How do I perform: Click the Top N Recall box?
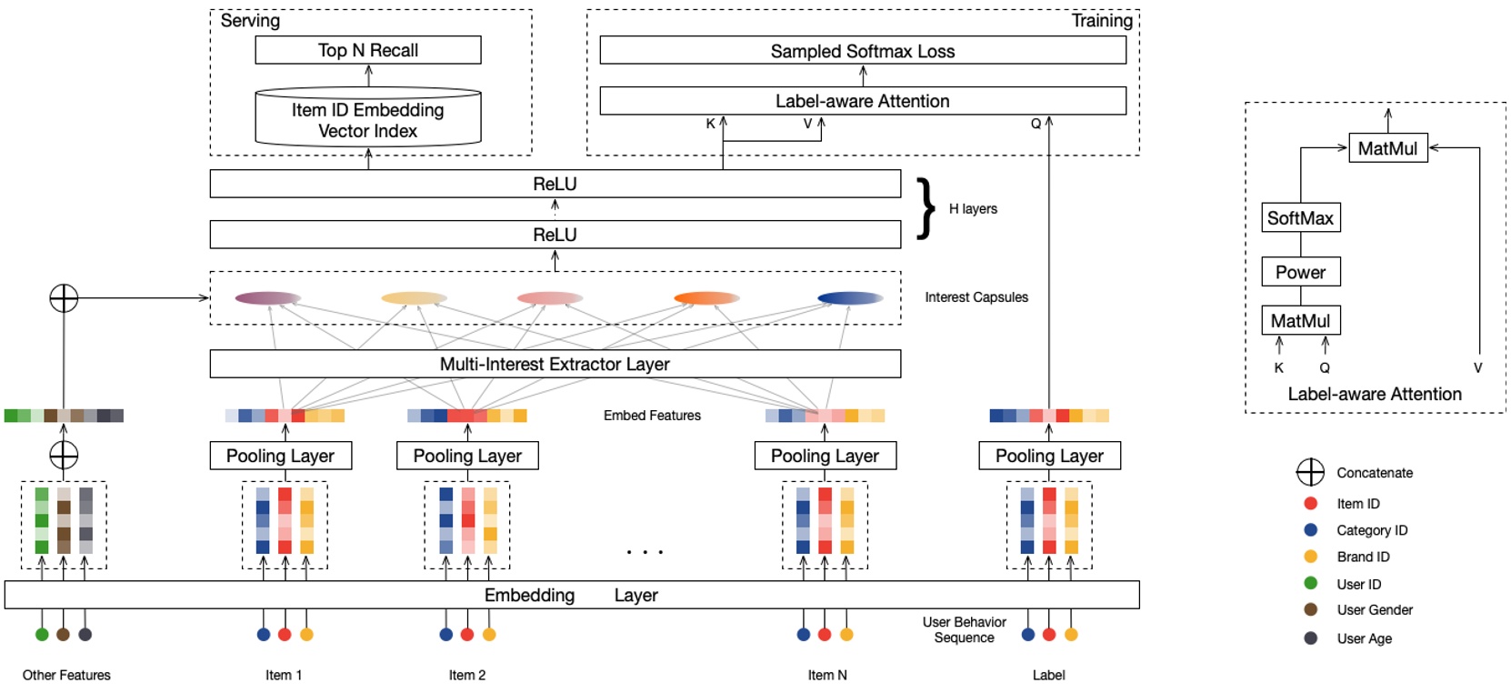(367, 50)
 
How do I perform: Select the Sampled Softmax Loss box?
(862, 51)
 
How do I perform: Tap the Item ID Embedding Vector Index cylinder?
(367, 119)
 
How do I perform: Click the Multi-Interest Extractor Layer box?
(555, 364)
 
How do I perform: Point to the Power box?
(1300, 272)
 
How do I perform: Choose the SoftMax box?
(1300, 218)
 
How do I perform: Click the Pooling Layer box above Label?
(1049, 456)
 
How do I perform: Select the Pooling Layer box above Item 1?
(280, 456)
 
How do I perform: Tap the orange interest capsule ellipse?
(706, 297)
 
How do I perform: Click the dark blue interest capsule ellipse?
(850, 297)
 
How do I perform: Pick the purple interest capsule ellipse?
(268, 297)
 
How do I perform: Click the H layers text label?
(973, 209)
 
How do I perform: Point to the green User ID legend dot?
(1310, 583)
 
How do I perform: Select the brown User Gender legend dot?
(1310, 609)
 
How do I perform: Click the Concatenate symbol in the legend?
(1310, 472)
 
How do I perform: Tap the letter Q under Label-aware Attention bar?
(1036, 124)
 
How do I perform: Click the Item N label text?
(826, 675)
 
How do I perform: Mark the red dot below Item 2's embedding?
(467, 634)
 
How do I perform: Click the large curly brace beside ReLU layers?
(926, 208)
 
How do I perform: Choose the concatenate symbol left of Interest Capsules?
(64, 297)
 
